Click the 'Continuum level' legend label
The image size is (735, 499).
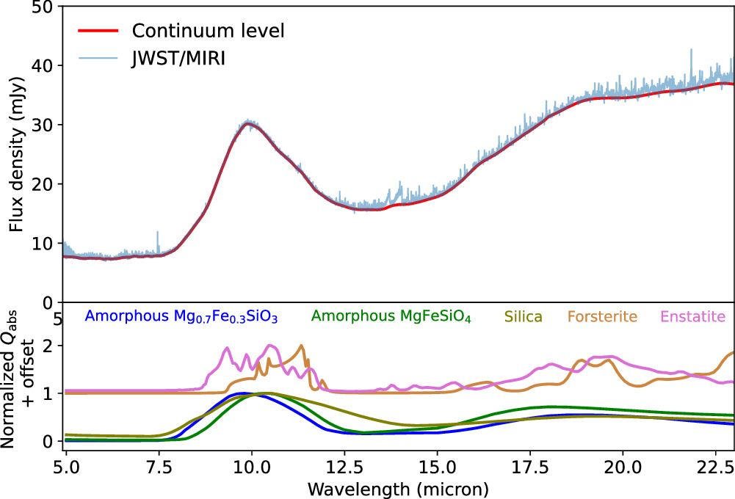click(x=208, y=32)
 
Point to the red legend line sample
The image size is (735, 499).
click(x=97, y=32)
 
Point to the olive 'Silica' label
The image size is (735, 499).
click(x=523, y=317)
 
